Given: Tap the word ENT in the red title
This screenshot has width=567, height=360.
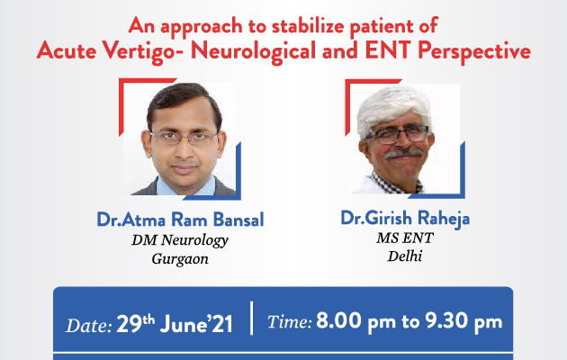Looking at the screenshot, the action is [x=389, y=49].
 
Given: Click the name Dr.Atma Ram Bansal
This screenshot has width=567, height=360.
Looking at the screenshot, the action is [x=180, y=219].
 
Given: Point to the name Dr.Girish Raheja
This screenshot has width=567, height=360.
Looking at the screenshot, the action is [x=405, y=219].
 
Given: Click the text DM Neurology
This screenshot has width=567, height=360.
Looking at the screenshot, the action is [x=180, y=240].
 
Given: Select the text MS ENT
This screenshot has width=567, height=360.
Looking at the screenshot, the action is [x=405, y=238].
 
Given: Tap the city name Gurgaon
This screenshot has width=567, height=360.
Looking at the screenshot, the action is [x=180, y=259].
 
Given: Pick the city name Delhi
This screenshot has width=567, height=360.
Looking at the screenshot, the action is [x=405, y=256].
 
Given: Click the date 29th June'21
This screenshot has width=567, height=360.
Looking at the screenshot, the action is [x=175, y=323].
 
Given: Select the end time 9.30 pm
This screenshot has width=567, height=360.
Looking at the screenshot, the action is [x=463, y=321].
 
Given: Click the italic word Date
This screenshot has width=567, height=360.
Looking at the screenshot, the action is [x=89, y=325].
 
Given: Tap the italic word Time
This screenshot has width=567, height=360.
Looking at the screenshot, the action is [x=289, y=321].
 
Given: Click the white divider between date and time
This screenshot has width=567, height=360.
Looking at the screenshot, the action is [x=252, y=318].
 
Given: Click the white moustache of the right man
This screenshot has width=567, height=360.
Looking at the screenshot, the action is [x=402, y=153].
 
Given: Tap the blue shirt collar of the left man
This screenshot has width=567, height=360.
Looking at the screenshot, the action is [x=185, y=187].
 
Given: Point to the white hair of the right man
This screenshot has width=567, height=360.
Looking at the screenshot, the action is [x=392, y=104].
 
